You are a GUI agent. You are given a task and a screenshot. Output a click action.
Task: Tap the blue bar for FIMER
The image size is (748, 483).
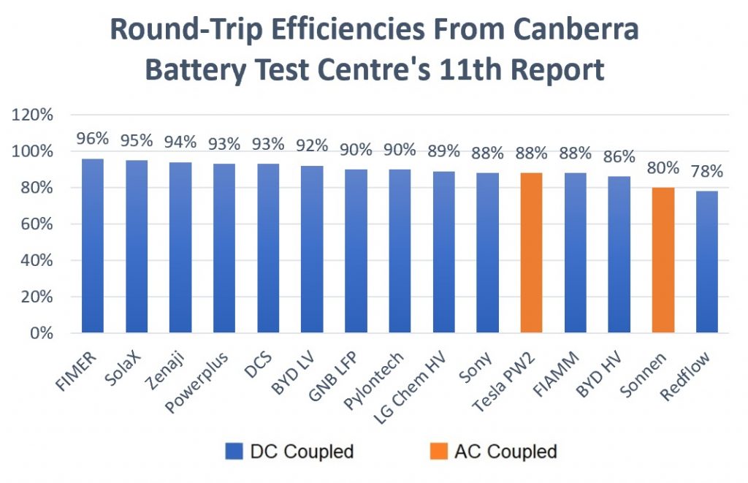tap(92, 246)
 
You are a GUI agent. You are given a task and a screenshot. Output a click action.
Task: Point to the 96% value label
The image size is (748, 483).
tap(93, 138)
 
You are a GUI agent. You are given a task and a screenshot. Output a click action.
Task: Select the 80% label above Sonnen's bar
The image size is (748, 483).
tap(663, 167)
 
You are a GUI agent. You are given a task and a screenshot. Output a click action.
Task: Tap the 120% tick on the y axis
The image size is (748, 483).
tap(32, 115)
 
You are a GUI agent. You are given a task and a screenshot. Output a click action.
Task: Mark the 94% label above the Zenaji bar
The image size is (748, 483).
tap(180, 141)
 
